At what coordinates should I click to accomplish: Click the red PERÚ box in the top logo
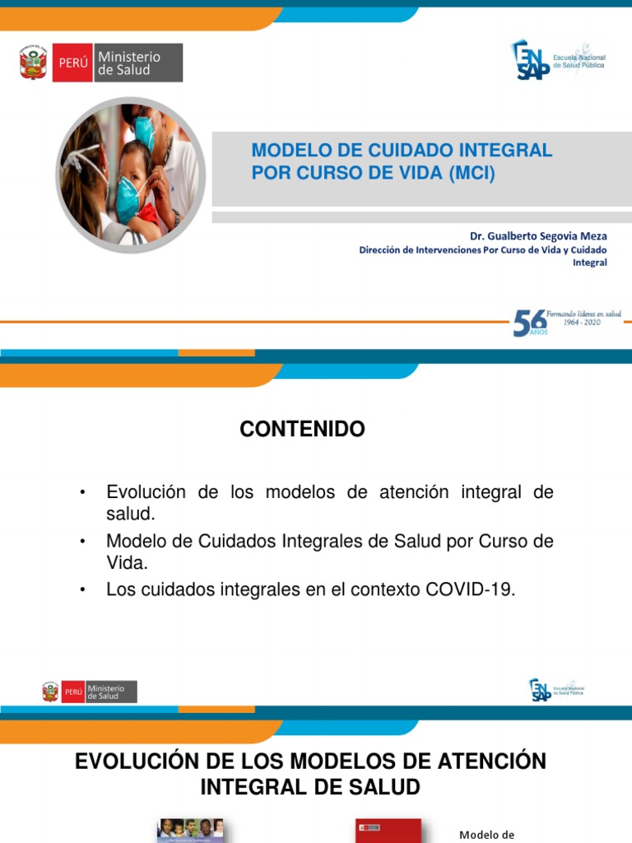[x=72, y=63]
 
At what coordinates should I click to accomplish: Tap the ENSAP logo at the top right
[x=556, y=60]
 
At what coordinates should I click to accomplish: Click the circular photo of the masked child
[x=130, y=174]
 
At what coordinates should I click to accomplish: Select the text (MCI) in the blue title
[x=472, y=174]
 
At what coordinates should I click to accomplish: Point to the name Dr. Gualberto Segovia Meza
[x=538, y=236]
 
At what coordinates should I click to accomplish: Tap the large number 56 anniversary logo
[x=529, y=323]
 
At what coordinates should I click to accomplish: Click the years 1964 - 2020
[x=582, y=323]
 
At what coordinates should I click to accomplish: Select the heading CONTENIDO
[x=302, y=429]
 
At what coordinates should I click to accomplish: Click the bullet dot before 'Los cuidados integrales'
[x=83, y=590]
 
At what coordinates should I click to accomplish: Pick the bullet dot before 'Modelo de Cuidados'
[x=83, y=542]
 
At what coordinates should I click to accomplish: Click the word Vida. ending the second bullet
[x=128, y=564]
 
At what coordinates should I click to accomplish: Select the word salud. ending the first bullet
[x=130, y=514]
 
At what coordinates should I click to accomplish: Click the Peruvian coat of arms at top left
[x=34, y=63]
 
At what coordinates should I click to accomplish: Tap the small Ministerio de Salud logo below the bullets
[x=90, y=692]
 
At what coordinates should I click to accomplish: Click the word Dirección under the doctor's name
[x=387, y=250]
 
